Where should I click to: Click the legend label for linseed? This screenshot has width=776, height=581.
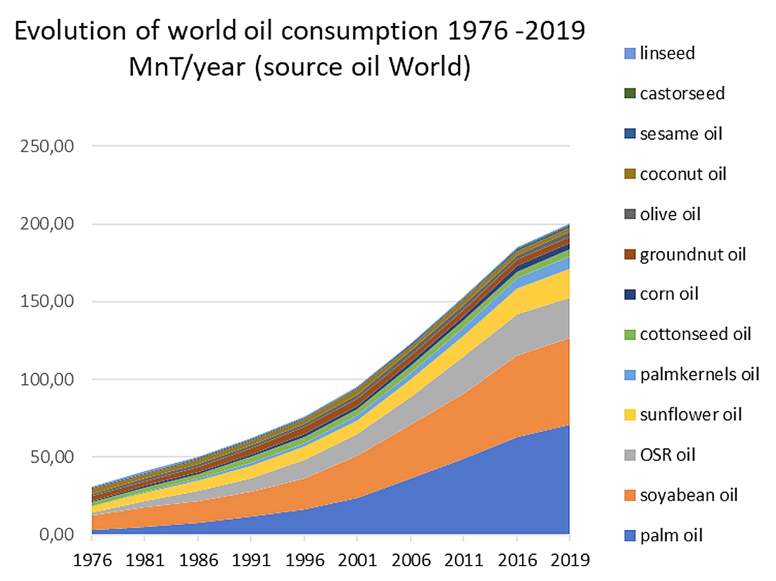[667, 53]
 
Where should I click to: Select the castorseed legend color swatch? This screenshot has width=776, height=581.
[629, 93]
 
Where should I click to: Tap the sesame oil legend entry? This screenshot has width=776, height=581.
[681, 134]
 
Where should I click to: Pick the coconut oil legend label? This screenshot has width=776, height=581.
[683, 174]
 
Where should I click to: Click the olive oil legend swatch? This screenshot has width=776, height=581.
[629, 214]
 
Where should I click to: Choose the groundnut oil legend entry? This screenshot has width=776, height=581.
[693, 255]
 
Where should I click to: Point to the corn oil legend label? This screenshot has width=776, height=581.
[669, 294]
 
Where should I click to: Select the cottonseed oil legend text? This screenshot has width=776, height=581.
[695, 334]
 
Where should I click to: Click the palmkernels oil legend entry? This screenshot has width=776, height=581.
[699, 374]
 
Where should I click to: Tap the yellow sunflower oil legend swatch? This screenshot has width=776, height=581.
[629, 415]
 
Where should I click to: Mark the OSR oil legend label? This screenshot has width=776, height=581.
[667, 455]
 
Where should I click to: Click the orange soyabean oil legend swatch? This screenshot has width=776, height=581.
[629, 495]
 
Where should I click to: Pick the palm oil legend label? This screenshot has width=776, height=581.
[671, 536]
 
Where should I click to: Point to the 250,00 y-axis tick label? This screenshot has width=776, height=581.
[47, 146]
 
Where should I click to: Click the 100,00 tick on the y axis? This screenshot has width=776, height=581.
[47, 379]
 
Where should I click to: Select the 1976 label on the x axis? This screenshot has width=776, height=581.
[92, 560]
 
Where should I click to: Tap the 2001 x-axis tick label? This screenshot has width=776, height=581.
[357, 560]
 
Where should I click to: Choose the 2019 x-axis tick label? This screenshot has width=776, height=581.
[570, 560]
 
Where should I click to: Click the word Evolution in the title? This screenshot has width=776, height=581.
[70, 31]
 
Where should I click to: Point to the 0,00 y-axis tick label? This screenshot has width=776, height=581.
[56, 535]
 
